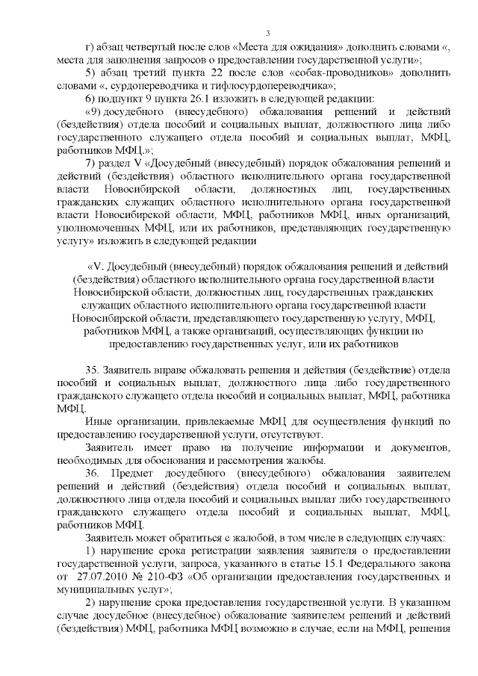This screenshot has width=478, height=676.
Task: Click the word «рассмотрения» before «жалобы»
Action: [233, 460]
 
